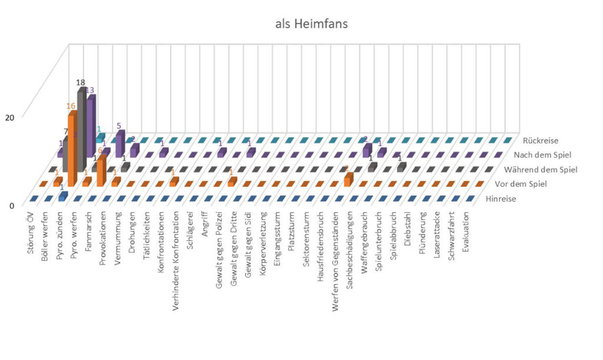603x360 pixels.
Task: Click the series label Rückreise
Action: coord(540,141)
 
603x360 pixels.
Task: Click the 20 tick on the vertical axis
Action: coord(9,117)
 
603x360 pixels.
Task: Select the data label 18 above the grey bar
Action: coord(81,82)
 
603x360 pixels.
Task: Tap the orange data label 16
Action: coord(71,106)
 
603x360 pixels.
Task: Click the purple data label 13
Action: coord(90,91)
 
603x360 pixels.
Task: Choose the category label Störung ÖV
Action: coord(31,233)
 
